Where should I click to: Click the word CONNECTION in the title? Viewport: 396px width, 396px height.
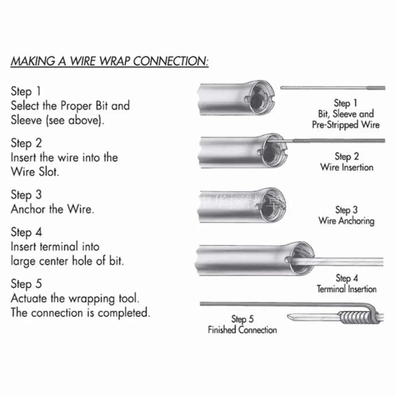[x=171, y=62]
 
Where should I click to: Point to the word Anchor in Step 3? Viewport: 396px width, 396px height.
[x=28, y=209]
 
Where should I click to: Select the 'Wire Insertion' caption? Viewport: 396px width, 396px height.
[x=347, y=167]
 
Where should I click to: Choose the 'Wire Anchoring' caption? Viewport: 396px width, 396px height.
[x=346, y=221]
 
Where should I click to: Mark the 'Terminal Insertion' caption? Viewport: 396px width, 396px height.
[x=346, y=289]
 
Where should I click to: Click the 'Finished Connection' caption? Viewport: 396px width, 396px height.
[x=242, y=329]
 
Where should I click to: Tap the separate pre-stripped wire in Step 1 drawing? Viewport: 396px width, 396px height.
[x=333, y=88]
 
